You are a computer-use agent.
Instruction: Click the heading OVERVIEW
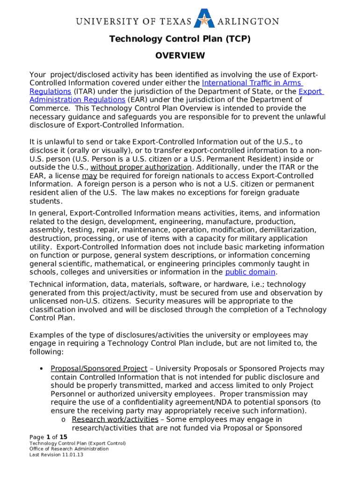coord(180,56)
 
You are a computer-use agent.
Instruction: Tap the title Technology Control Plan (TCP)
coord(180,39)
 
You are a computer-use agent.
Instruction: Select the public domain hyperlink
coord(250,272)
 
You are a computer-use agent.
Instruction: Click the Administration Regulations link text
coord(77,100)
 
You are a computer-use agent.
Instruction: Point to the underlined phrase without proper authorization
coord(141,167)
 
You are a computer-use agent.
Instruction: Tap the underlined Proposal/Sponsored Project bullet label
coord(99,369)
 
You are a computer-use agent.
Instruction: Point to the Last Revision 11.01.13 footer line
coord(56,455)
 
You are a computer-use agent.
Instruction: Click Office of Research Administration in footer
coord(69,449)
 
